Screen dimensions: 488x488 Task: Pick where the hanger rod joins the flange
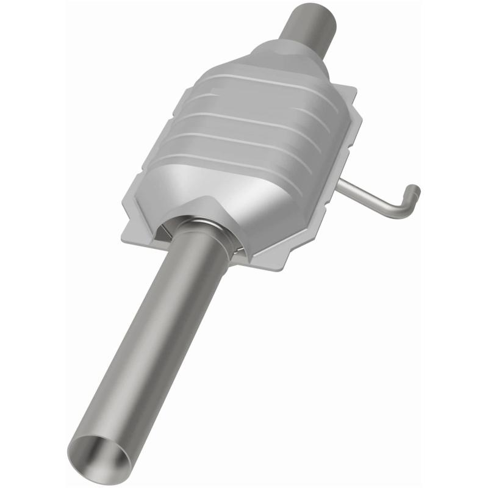[342, 182]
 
